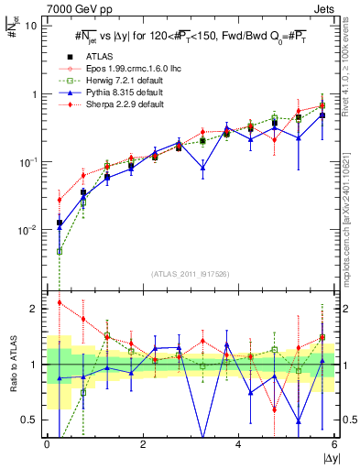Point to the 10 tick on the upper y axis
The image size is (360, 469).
pyautogui.click(x=30, y=26)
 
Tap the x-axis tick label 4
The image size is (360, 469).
pyautogui.click(x=238, y=443)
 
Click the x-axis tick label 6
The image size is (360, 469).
pyautogui.click(x=334, y=443)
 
